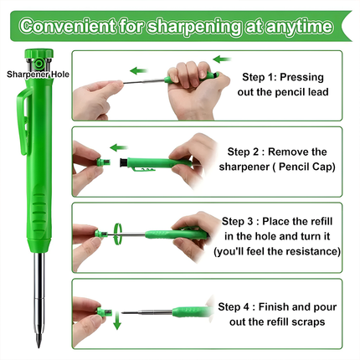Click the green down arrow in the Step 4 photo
[116, 321]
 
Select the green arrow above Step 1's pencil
[219, 59]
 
